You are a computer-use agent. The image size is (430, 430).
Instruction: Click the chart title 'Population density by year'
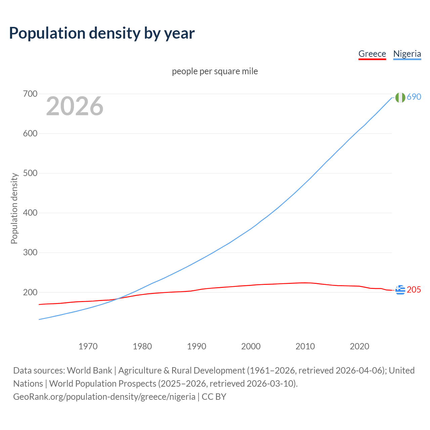pos(102,33)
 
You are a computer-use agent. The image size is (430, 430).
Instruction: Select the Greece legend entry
pos(372,54)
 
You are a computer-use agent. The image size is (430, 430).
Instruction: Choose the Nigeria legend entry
pos(407,54)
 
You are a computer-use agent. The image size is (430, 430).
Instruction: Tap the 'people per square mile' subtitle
pos(215,71)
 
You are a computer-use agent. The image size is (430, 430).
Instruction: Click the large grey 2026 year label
pos(75,106)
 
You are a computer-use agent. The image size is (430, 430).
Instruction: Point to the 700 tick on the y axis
pos(30,94)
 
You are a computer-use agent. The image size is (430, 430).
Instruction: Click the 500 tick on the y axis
pos(30,173)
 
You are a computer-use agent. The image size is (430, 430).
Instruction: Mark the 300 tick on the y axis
pos(30,253)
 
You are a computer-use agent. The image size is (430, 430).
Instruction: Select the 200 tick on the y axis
pos(30,292)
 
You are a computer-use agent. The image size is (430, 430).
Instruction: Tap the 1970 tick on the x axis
pos(88,346)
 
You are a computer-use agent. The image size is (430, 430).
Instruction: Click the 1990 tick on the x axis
pos(197,346)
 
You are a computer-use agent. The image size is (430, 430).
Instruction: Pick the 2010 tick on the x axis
pos(305,346)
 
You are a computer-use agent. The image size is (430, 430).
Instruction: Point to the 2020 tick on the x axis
pos(359,346)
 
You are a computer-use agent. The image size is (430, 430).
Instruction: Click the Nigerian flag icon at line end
pos(400,97)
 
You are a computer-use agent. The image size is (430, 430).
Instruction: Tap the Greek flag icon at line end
pos(400,290)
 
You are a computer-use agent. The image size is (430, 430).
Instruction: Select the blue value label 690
pos(414,97)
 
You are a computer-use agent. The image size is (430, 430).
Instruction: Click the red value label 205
pos(414,290)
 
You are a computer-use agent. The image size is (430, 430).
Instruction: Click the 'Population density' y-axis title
pos(14,208)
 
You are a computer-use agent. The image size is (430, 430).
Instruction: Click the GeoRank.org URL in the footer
pos(104,397)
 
